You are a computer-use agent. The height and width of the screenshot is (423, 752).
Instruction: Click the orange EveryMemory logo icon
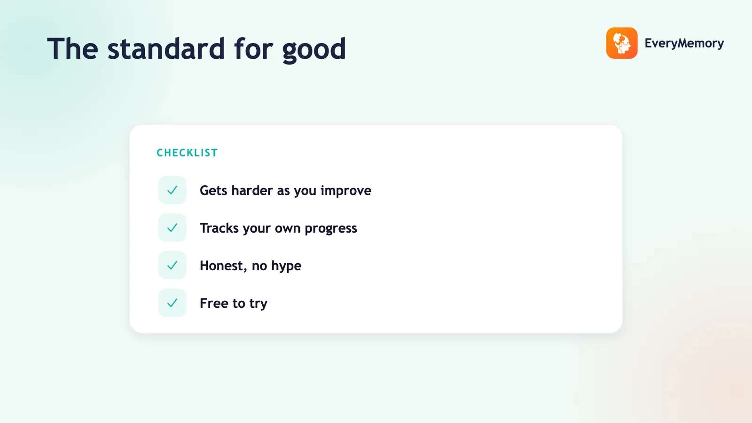click(x=622, y=43)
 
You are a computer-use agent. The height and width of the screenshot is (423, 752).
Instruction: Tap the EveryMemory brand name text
click(x=684, y=43)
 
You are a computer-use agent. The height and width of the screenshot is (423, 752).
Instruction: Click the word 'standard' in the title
click(x=166, y=49)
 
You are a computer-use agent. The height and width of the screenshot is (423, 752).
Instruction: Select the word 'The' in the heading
click(x=72, y=49)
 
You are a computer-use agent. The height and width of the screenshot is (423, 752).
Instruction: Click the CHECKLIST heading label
click(x=188, y=153)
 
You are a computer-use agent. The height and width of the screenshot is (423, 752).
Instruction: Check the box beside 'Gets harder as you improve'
click(x=172, y=190)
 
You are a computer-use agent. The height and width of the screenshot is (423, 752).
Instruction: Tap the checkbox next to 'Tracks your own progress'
click(x=172, y=227)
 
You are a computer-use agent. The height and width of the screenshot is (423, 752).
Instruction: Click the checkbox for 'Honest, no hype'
click(x=172, y=265)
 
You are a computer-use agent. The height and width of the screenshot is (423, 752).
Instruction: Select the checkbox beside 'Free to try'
click(x=172, y=303)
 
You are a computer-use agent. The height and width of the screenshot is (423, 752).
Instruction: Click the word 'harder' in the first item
click(x=252, y=190)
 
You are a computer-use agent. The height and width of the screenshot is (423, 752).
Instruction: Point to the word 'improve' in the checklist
click(x=346, y=191)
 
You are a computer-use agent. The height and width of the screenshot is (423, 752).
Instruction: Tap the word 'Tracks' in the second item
click(x=219, y=228)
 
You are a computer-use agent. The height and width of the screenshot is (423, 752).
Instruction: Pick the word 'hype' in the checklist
click(x=286, y=266)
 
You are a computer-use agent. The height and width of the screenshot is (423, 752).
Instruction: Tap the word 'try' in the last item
click(x=258, y=304)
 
